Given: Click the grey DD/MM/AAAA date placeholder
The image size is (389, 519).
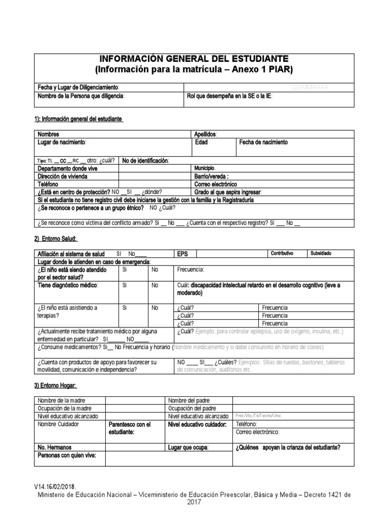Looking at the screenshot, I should pos(310,87).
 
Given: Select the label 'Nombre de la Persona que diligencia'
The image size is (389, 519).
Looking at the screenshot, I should pos(81,96).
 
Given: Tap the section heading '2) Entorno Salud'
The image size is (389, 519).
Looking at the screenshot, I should pos(55,239).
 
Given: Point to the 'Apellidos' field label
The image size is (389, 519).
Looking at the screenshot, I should pos(206,134).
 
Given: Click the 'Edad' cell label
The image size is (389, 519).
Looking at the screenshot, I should pos(202,142).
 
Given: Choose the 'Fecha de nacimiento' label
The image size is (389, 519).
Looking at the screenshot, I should pos(263,142).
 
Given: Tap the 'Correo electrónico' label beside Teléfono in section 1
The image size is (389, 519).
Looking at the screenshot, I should pos(215,184).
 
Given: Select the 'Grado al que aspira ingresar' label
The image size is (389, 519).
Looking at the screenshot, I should pos(228,193).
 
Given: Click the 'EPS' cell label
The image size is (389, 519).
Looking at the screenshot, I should pos(182,253).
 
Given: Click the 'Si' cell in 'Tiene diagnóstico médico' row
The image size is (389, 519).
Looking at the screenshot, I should pos(125,285).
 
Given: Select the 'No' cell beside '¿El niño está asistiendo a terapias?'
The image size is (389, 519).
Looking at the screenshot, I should pos(154,308).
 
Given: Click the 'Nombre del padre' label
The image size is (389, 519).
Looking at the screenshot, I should pos(188,400).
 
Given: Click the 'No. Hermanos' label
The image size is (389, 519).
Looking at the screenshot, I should pos(55,448).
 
